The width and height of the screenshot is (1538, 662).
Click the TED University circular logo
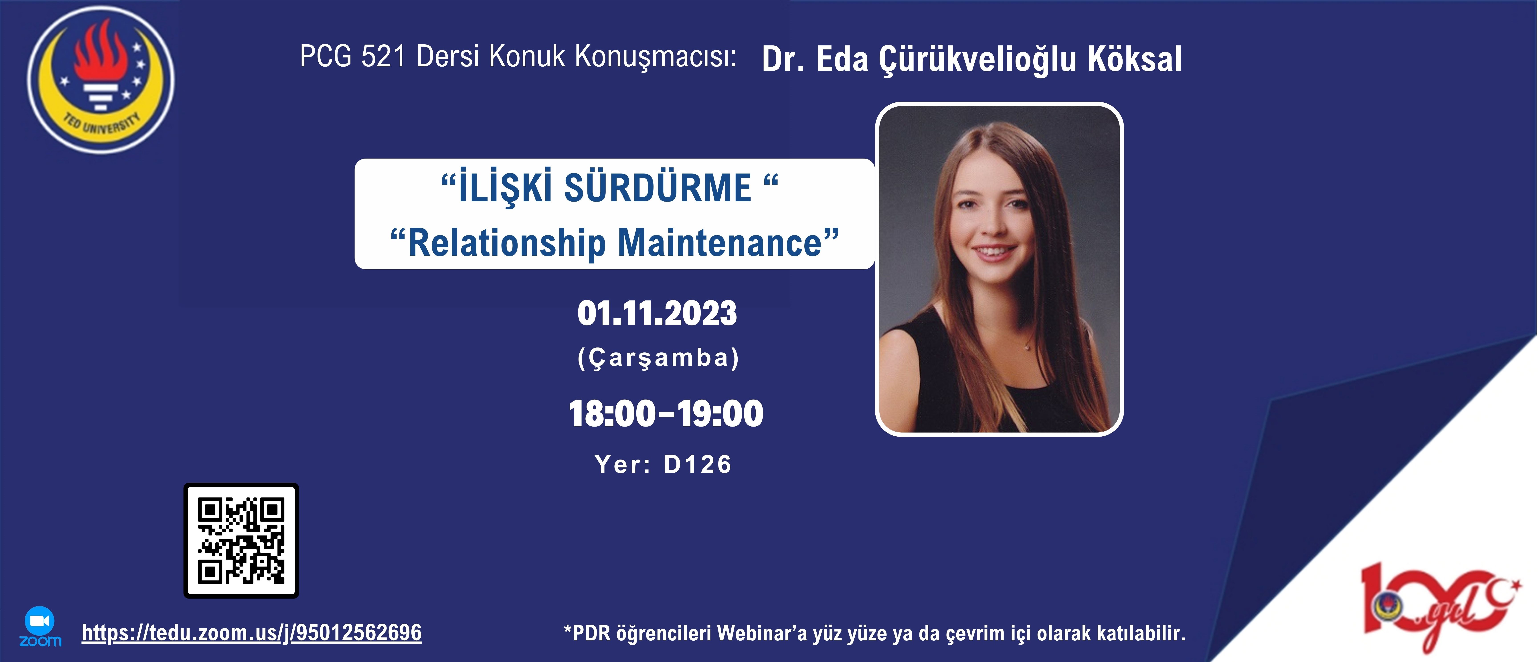[x=100, y=80]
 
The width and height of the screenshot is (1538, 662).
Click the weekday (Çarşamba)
[x=659, y=358]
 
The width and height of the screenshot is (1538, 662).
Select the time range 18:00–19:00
[x=666, y=413]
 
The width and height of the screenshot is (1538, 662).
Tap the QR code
[x=241, y=541]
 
